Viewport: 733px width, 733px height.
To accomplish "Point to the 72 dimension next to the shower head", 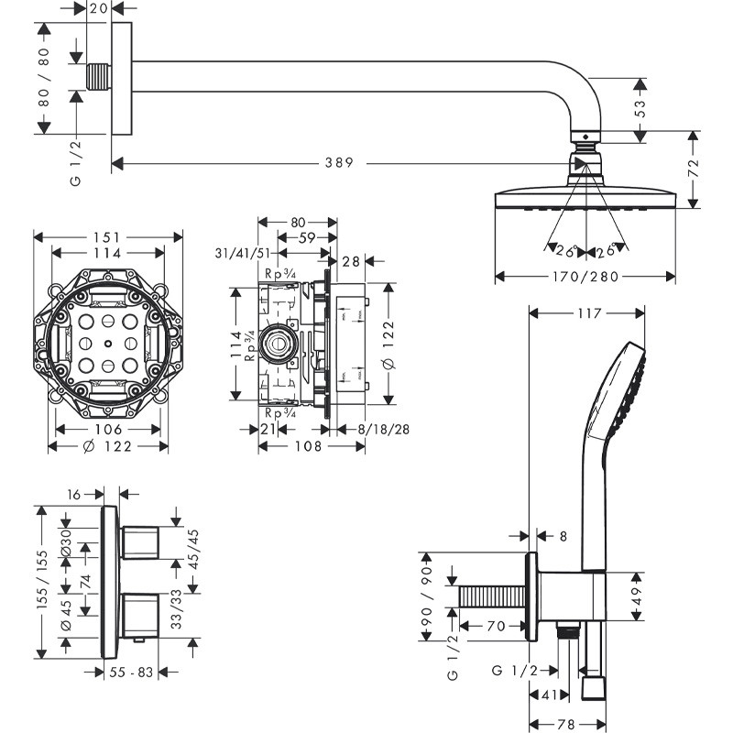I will coord(694,168).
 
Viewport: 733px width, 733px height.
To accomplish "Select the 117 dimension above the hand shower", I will coord(589,313).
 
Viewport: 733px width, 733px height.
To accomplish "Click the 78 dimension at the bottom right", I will coord(567,724).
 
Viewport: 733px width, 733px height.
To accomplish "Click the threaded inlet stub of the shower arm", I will coord(97,77).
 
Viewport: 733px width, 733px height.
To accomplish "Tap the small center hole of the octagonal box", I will coord(108,345).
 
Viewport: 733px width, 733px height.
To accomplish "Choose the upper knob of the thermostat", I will coord(140,542).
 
